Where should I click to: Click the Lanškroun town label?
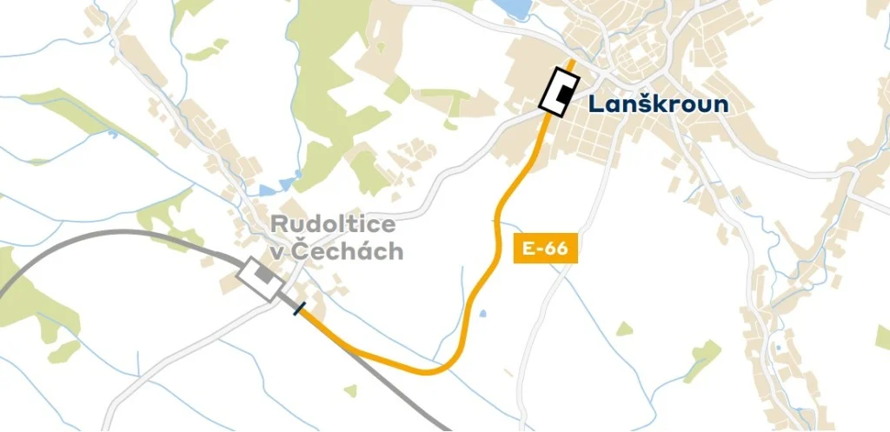(658, 104)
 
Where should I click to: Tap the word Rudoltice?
(333, 224)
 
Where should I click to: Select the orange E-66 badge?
(546, 248)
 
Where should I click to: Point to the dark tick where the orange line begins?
(299, 309)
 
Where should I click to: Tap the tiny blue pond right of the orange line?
(484, 313)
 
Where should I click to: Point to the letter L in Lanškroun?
(595, 104)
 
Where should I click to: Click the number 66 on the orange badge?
(556, 248)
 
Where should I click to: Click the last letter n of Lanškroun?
(721, 105)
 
